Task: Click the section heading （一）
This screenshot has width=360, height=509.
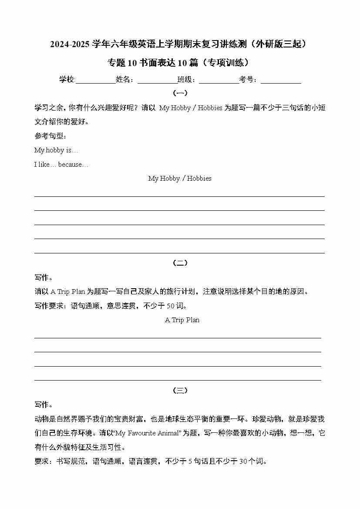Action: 180,93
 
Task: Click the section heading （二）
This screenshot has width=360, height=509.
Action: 180,263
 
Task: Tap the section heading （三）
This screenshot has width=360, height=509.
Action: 180,391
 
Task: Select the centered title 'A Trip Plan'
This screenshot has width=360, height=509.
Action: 182,320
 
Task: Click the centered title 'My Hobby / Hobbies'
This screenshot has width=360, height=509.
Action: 180,179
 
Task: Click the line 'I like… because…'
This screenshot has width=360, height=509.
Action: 61,165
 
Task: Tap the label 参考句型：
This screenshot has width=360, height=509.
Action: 50,136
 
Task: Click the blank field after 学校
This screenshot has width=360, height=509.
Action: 95,80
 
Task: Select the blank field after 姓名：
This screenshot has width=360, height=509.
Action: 157,80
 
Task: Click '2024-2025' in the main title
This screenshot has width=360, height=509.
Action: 70,44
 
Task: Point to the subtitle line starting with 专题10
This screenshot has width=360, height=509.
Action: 180,63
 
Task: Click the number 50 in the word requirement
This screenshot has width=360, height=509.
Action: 172,306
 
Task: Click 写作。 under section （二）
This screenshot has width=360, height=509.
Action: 44,277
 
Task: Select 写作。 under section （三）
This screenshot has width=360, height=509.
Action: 44,405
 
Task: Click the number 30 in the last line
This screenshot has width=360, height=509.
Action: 243,462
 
